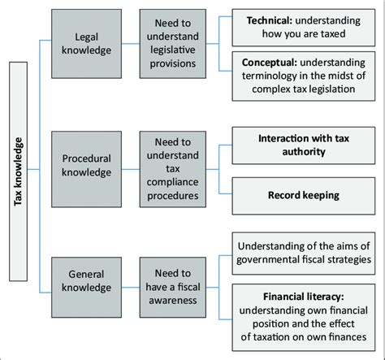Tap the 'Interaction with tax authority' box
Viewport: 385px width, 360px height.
(x=303, y=145)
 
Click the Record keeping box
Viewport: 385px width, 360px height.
(x=303, y=195)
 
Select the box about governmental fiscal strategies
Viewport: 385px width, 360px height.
(x=303, y=251)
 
